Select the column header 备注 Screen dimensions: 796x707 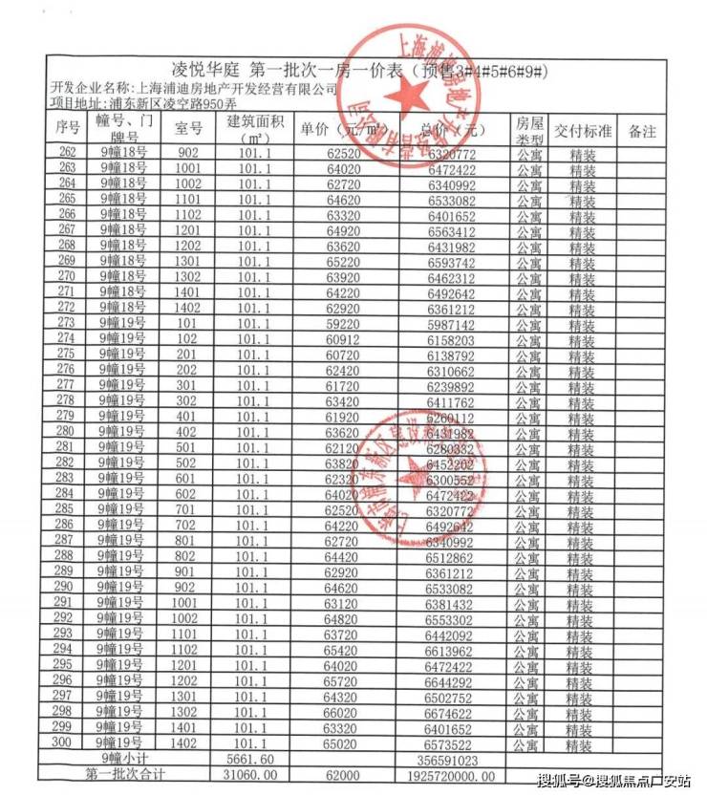tap(642, 132)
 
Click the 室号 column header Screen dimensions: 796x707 tap(188, 129)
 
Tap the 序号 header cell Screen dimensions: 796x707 tap(67, 129)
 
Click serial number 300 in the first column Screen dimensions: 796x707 tap(67, 742)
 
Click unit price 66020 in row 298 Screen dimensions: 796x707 tap(347, 711)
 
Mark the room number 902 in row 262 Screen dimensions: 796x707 tap(188, 153)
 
